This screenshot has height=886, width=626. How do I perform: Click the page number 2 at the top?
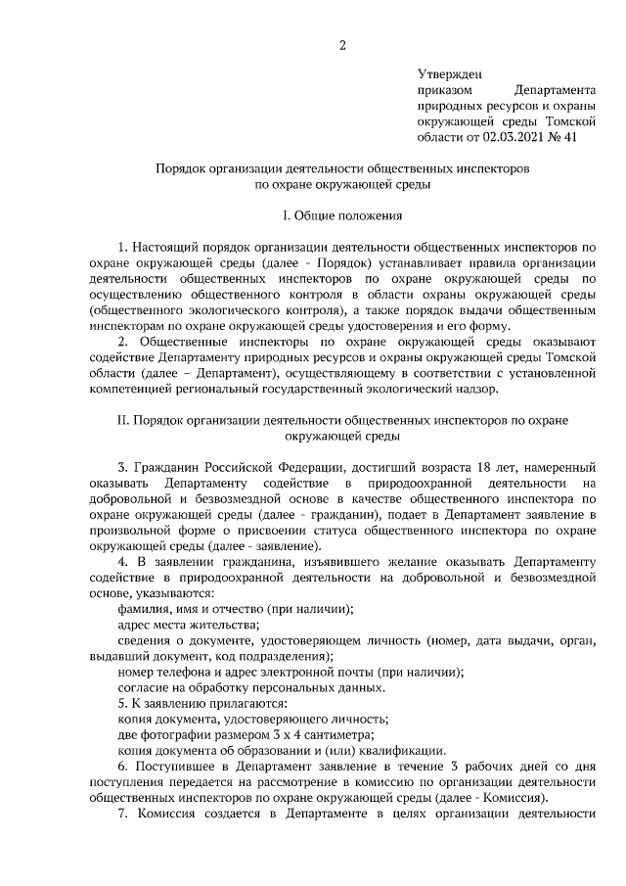[342, 45]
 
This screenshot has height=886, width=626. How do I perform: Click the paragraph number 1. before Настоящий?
[121, 247]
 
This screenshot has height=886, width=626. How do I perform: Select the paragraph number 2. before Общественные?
[122, 342]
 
